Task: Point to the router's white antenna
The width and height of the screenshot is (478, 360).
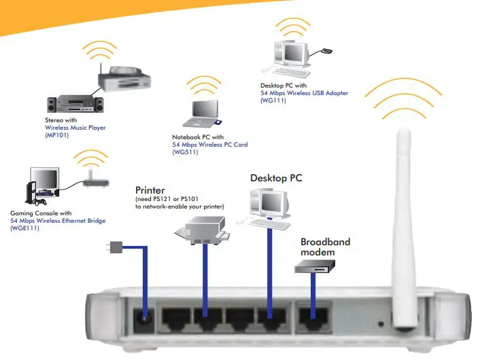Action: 403,204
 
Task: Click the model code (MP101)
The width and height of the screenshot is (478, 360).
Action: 57,135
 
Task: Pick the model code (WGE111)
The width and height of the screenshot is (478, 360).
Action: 24,229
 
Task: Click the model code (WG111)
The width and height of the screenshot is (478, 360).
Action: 273,101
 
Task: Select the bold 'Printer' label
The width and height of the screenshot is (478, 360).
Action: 151,190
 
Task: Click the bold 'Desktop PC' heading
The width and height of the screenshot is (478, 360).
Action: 276,178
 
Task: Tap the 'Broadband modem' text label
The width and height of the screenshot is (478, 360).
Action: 325,247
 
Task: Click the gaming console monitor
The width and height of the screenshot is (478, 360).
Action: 46,179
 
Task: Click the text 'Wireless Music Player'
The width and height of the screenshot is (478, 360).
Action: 75,128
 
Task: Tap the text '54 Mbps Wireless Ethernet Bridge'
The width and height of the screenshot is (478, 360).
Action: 58,221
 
